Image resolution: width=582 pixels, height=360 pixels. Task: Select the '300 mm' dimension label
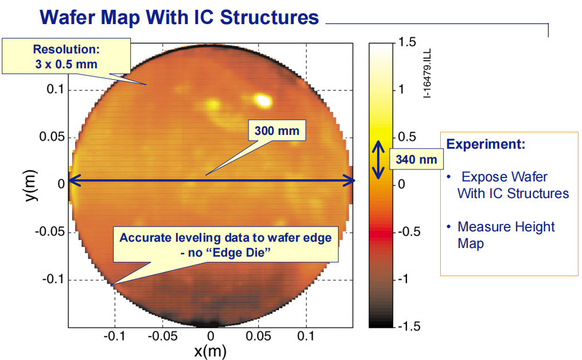[x=277, y=131]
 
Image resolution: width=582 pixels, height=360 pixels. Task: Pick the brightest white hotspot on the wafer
[x=263, y=100]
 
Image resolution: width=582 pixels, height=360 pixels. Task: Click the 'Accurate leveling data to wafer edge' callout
[x=225, y=245]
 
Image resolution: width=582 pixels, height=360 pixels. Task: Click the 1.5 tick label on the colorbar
[x=406, y=42]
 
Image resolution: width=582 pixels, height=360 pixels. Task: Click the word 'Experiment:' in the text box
[x=486, y=144]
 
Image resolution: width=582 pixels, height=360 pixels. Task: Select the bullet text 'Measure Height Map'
[x=505, y=235]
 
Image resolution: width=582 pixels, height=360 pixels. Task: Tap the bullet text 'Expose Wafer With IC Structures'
[x=513, y=185]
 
